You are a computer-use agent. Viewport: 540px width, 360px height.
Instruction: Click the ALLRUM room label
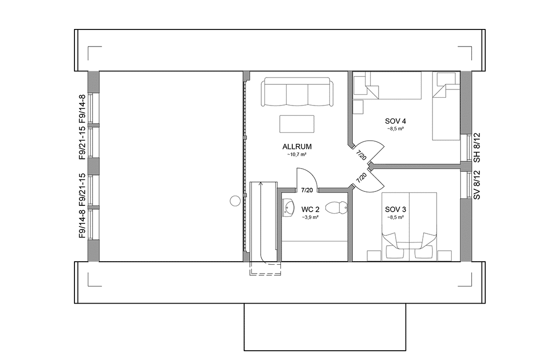tap(297, 146)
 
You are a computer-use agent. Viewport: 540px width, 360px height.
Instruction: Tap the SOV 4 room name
tap(395, 121)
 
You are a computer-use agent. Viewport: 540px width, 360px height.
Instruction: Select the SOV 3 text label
tap(395, 209)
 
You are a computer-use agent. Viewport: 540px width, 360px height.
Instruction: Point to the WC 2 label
tap(310, 210)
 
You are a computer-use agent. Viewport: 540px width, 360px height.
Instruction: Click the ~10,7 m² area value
tap(297, 154)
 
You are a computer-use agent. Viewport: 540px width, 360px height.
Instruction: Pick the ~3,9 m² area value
tap(310, 218)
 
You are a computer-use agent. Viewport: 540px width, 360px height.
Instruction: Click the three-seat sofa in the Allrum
tap(297, 93)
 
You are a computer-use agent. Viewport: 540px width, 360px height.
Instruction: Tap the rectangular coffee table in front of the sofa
tap(296, 124)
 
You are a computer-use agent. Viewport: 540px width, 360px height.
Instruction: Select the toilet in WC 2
tap(339, 207)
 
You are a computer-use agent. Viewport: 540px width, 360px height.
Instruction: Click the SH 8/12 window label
tap(477, 148)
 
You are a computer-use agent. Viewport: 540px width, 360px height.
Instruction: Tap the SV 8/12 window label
tap(477, 185)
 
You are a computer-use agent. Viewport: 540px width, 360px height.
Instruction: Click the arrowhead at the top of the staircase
tap(262, 183)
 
